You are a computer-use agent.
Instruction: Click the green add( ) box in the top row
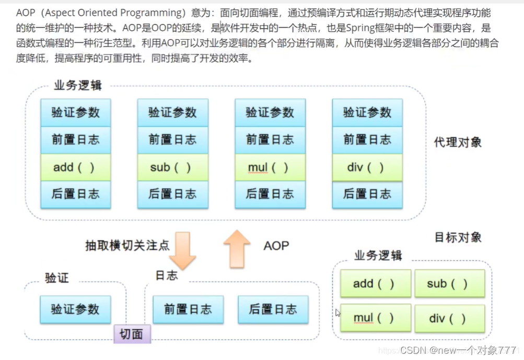(76, 167)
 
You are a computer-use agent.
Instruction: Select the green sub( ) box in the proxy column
(172, 167)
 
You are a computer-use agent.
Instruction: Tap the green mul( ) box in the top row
(270, 167)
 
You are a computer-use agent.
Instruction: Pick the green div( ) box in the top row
(367, 167)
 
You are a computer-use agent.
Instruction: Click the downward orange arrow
(182, 250)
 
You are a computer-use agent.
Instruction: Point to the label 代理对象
(458, 142)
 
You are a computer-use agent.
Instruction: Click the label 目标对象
(458, 237)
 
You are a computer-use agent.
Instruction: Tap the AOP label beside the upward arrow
(276, 246)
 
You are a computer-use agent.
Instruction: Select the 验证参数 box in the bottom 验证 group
(75, 309)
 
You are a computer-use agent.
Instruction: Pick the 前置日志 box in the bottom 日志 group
(188, 309)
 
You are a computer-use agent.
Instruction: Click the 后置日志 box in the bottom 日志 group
(273, 309)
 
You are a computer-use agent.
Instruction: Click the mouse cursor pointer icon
(338, 313)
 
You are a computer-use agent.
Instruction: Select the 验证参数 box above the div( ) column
(367, 112)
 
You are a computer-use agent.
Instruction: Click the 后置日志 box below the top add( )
(76, 194)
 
